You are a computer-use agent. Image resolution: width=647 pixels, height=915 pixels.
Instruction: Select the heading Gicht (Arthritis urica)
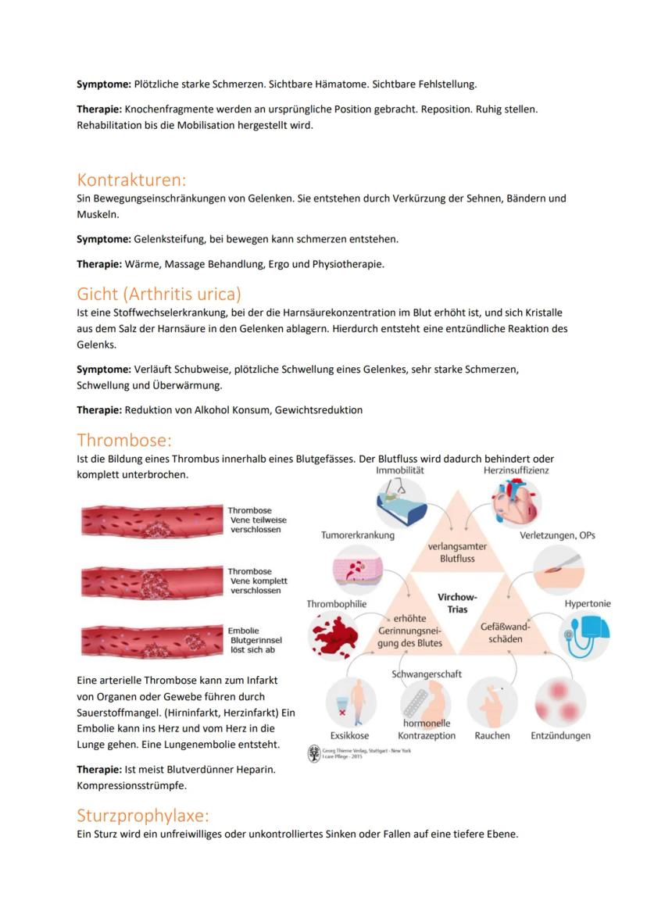pos(159,294)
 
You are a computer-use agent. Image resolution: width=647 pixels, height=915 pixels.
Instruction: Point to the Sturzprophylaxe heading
pos(143,816)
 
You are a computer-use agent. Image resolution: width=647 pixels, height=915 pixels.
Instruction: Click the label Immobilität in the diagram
pos(399,470)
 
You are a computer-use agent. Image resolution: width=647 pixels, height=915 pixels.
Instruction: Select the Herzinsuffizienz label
pos(516,470)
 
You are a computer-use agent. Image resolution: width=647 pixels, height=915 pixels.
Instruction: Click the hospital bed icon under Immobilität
pos(400,504)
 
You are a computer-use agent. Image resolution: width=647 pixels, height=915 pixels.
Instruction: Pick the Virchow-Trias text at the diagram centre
pos(458,602)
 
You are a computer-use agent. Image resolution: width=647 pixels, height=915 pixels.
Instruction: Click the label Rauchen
pos(492,735)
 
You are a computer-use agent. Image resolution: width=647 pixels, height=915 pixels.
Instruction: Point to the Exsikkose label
pos(349,735)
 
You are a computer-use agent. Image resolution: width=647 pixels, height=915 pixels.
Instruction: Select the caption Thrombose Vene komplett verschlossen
pos(257,581)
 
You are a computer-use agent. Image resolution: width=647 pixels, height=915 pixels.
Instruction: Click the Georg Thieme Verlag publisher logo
pos(314,754)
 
